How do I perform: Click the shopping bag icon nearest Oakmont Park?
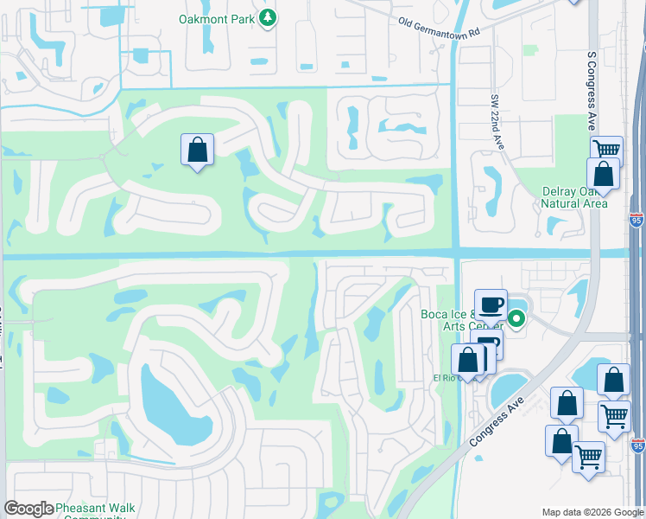pos(198,150)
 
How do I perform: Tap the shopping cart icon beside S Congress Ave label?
pos(607,150)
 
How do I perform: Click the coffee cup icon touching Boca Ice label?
pos(491,304)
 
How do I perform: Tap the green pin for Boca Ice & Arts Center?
pos(516,319)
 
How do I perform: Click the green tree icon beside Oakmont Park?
pos(268,17)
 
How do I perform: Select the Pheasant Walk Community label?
pos(96,510)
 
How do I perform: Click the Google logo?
pos(28,509)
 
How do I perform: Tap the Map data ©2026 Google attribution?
pos(592,511)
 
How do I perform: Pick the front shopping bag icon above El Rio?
pos(467,360)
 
